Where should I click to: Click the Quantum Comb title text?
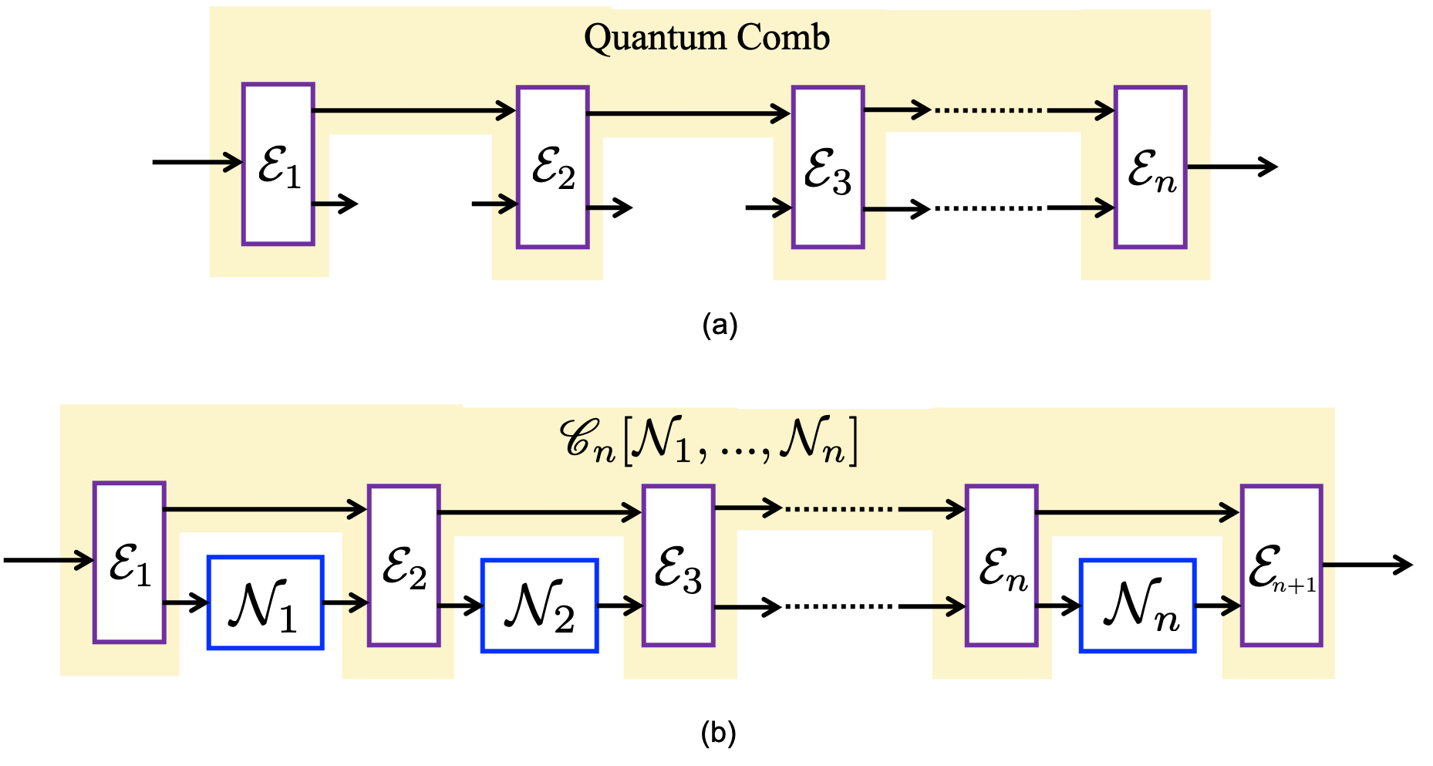(x=706, y=37)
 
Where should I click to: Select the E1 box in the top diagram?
(x=278, y=164)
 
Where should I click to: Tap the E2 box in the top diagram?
(x=553, y=167)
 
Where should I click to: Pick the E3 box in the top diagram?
(x=828, y=167)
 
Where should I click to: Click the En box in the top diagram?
(x=1150, y=167)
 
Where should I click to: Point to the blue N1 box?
(x=265, y=602)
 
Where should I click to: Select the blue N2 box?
(x=540, y=606)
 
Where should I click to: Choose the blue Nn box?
(x=1138, y=606)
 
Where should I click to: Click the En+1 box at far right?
(x=1282, y=565)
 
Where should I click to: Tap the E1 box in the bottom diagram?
(x=130, y=562)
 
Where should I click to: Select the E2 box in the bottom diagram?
(x=404, y=565)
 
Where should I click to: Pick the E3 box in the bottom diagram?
(x=679, y=565)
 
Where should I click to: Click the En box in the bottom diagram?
(x=1002, y=565)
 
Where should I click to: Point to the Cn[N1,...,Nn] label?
(x=708, y=441)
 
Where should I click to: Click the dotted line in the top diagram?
(x=990, y=110)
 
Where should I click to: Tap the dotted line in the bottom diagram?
(x=841, y=509)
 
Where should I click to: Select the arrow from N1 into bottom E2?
(x=346, y=602)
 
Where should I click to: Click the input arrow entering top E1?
(x=225, y=163)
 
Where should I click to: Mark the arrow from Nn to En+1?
(x=1218, y=606)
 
